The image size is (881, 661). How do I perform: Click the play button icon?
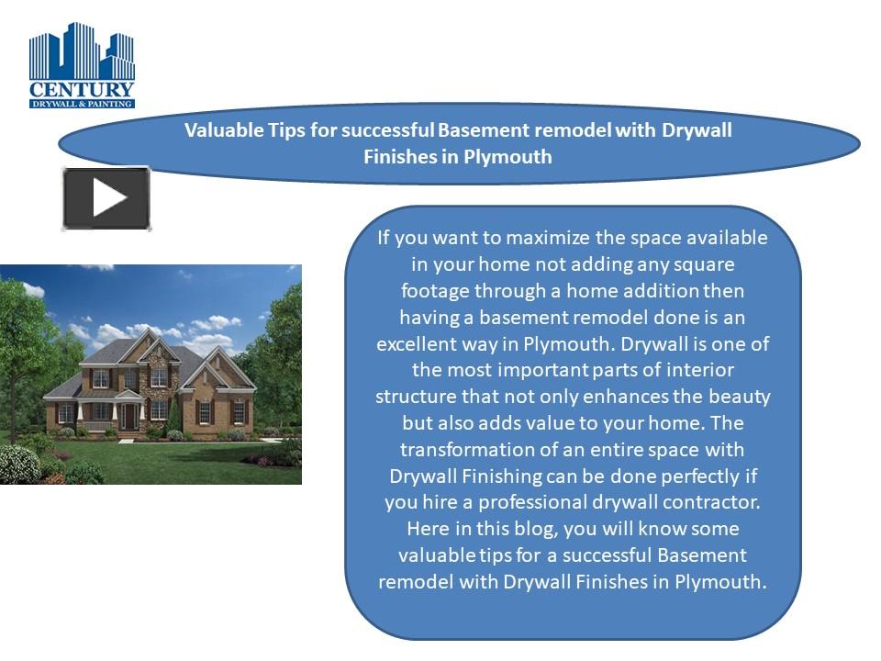click(106, 198)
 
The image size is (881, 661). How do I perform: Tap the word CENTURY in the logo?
click(83, 90)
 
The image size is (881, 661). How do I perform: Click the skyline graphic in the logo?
click(83, 53)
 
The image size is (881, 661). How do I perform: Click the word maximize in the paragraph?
click(547, 238)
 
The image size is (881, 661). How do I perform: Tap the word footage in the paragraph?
click(434, 291)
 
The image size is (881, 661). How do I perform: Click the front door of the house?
click(128, 416)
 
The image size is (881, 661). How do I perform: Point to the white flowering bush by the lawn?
click(18, 464)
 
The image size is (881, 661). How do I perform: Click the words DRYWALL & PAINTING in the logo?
click(83, 104)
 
